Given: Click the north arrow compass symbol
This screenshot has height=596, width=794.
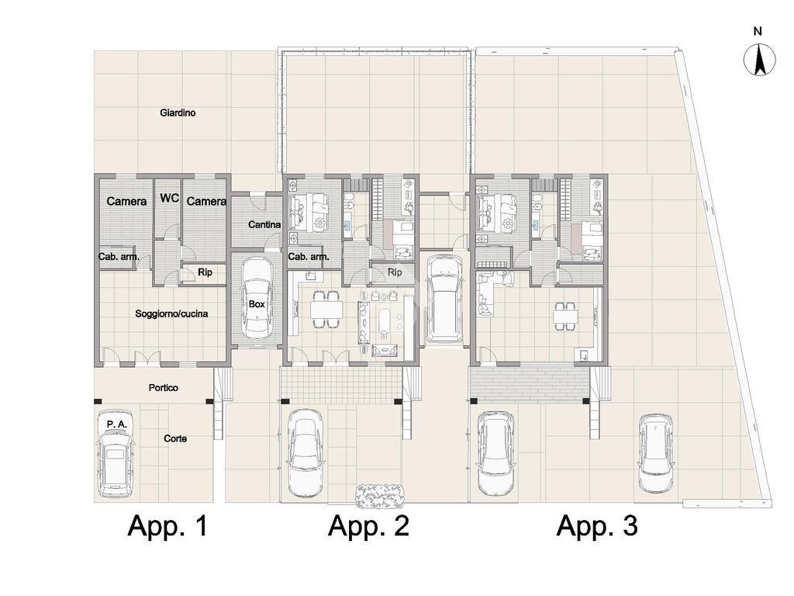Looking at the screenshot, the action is click(760, 60).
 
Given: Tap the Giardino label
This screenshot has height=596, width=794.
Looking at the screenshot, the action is click(178, 113).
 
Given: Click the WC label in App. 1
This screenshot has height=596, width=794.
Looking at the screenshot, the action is click(170, 198).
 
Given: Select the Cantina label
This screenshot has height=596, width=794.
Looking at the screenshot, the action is click(264, 224).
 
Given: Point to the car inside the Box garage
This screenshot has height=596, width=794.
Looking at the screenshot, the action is click(257, 298).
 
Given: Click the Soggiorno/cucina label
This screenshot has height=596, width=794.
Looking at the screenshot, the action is click(171, 314).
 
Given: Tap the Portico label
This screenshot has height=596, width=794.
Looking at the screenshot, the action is click(164, 388).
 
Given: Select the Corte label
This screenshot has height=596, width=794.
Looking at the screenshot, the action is click(175, 438).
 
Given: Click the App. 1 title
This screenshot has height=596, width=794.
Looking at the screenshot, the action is click(168, 525).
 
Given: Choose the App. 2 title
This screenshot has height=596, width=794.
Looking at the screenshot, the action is click(368, 525).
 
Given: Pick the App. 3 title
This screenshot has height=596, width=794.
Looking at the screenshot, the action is click(598, 525).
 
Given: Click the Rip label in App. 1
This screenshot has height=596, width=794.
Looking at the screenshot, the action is click(205, 272).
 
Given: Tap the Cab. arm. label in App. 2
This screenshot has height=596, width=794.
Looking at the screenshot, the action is click(309, 256).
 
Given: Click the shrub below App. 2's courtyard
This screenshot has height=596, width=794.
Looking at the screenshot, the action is click(381, 496).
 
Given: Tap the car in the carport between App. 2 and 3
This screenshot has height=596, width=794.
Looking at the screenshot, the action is click(444, 299).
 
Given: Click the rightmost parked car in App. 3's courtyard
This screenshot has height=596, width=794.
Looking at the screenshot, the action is click(656, 453).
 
